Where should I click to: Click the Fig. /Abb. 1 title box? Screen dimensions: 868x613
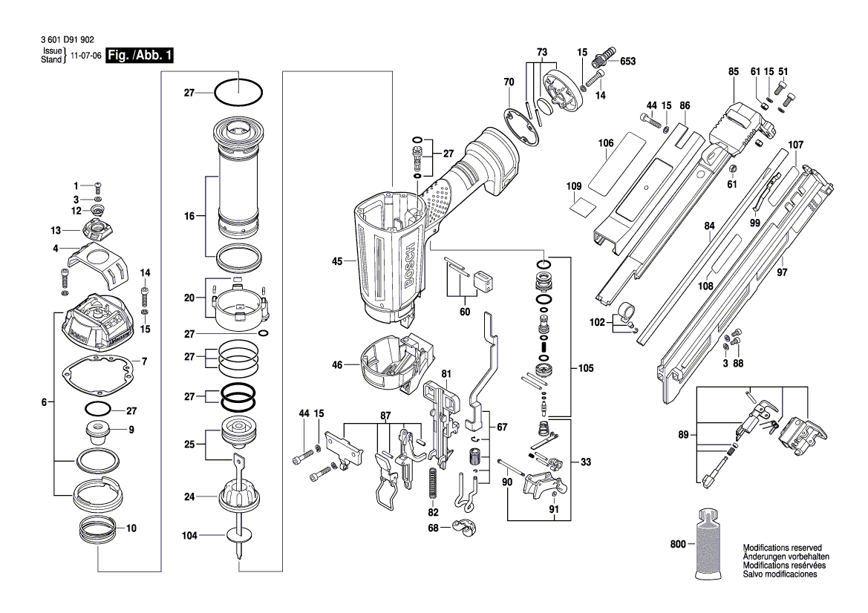(140, 56)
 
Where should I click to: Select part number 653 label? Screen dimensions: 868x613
(627, 61)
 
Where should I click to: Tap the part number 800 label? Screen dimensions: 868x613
(678, 544)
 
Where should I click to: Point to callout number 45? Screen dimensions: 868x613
(337, 261)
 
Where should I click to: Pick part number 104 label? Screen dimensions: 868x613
(189, 535)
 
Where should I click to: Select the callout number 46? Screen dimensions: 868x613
(337, 364)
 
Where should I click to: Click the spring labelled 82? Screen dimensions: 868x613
(432, 483)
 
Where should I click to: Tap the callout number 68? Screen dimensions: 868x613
(433, 528)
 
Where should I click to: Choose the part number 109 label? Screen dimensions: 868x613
(574, 186)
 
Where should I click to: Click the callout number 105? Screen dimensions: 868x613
(586, 368)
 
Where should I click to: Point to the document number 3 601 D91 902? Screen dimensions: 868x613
(68, 40)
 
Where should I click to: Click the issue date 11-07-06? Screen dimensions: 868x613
(86, 56)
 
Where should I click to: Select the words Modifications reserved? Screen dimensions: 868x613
(782, 548)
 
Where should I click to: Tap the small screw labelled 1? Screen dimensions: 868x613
(99, 186)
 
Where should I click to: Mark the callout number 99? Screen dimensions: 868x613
(755, 223)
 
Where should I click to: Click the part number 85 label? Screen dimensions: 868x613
(734, 71)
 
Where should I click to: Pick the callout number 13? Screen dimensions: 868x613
(56, 230)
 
